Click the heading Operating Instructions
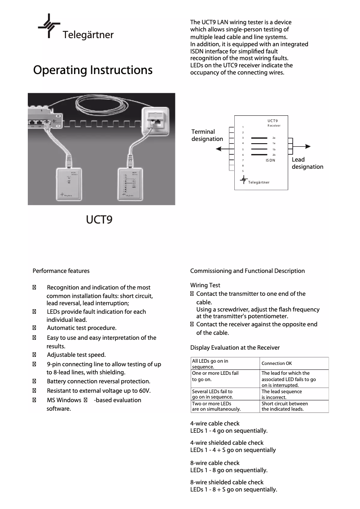93,70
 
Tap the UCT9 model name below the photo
99,220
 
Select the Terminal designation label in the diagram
207,135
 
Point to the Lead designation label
307,163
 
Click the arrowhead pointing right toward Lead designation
308,146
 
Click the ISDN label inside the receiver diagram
270,160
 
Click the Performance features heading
61,271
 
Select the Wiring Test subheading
205,285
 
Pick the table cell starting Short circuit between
285,406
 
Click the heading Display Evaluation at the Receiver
235,347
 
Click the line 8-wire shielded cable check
227,482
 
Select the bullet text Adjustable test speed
76,355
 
